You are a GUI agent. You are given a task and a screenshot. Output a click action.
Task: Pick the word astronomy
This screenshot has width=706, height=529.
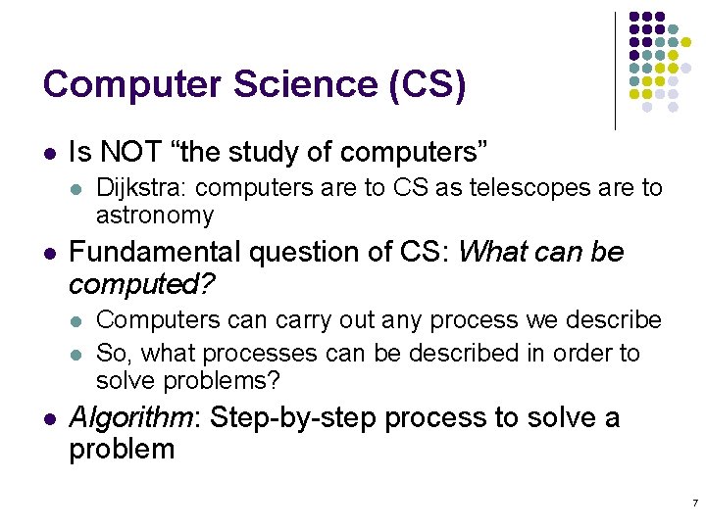[154, 215]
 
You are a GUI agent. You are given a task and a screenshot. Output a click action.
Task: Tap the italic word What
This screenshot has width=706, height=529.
[491, 252]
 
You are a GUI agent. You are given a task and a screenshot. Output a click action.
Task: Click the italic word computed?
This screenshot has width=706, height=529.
[143, 284]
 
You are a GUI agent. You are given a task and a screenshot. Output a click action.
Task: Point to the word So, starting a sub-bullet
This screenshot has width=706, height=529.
[111, 353]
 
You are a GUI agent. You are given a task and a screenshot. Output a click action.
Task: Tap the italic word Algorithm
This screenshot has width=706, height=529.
[132, 418]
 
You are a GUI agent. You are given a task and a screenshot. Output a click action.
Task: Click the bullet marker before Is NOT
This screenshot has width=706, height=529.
[50, 154]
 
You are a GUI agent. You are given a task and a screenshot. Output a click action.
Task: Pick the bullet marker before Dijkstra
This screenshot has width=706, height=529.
[77, 188]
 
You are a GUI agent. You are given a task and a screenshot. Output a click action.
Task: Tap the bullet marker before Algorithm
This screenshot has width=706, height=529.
[50, 419]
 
